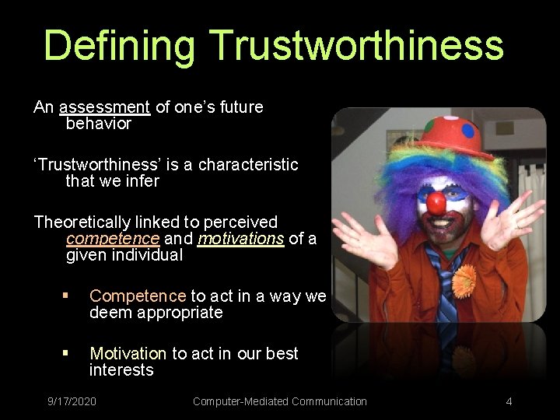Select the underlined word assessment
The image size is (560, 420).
click(x=104, y=107)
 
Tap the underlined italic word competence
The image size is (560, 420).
click(x=113, y=239)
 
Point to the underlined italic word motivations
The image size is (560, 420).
click(x=240, y=239)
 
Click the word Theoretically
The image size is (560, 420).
click(x=85, y=222)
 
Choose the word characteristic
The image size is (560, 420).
click(x=248, y=165)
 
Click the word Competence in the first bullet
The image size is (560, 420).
click(x=138, y=296)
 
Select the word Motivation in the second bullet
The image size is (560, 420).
click(x=128, y=354)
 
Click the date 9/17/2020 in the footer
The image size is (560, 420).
click(x=72, y=401)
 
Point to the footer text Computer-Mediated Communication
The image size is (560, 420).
click(x=279, y=401)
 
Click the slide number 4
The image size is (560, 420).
click(x=509, y=401)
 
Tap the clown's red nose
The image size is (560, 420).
click(x=436, y=205)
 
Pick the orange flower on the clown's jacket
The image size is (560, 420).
click(x=464, y=280)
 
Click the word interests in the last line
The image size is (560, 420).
click(x=121, y=370)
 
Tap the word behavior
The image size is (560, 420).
click(x=99, y=124)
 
